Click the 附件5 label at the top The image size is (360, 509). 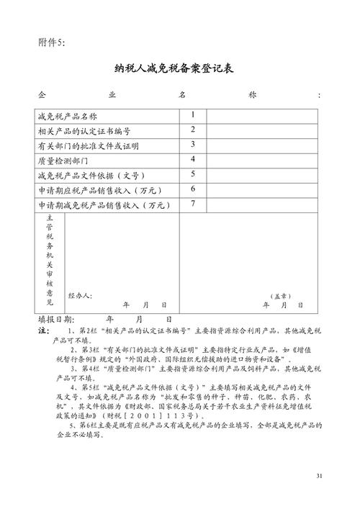(x=51, y=42)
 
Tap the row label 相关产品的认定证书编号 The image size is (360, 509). (x=84, y=131)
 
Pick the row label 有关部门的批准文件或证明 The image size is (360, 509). (x=87, y=145)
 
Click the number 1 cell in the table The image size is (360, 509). (x=193, y=115)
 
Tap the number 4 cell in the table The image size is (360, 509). (x=193, y=159)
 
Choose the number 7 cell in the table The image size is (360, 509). (x=193, y=204)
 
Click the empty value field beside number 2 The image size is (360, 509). (x=264, y=131)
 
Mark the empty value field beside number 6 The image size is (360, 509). (x=264, y=189)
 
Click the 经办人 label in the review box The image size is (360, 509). (x=80, y=295)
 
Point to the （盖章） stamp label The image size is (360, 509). (x=281, y=295)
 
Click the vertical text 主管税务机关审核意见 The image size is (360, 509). (x=50, y=259)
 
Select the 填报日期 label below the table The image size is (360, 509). (x=55, y=319)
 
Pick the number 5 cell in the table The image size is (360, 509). (x=193, y=174)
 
